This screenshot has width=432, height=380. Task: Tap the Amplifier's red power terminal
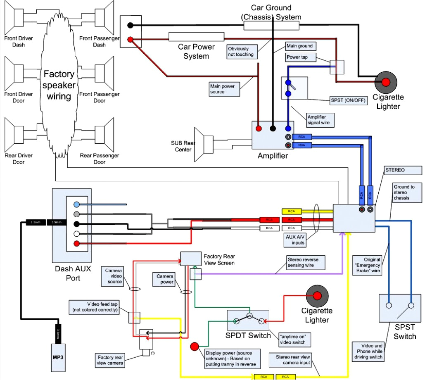[259, 128]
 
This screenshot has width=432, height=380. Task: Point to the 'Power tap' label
[295, 57]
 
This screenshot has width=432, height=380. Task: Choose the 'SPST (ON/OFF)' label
[348, 100]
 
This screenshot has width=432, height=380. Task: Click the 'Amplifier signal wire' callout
[320, 120]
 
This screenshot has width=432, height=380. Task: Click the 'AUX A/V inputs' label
[295, 240]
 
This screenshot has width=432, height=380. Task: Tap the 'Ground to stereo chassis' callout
[406, 192]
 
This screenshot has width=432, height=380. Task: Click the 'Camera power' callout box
[164, 279]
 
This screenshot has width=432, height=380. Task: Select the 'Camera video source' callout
[114, 276]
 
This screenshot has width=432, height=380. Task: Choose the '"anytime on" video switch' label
[294, 340]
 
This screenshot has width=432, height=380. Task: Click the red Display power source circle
[195, 347]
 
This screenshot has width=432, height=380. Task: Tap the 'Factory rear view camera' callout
[110, 360]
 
